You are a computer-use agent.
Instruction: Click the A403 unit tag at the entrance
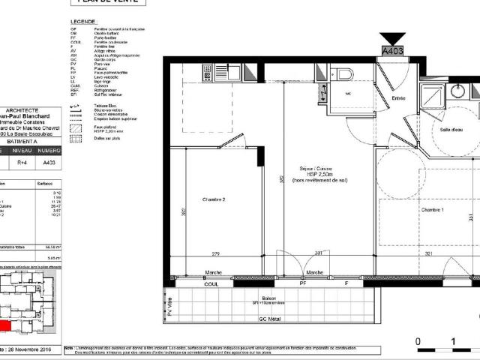coord(392,51)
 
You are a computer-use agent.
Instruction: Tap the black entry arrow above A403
coord(392,38)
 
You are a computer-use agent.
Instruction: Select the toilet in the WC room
coord(344,73)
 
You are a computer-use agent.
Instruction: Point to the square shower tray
coord(433,94)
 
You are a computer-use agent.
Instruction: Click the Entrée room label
coord(397,98)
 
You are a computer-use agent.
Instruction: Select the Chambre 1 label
coord(431,209)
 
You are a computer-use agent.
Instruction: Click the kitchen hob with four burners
coord(208,73)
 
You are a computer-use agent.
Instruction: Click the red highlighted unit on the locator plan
coord(6,326)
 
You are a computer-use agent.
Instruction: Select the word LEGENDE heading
coord(82,22)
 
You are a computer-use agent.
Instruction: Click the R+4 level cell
coord(23,161)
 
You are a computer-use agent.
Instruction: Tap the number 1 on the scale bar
coord(454,341)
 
